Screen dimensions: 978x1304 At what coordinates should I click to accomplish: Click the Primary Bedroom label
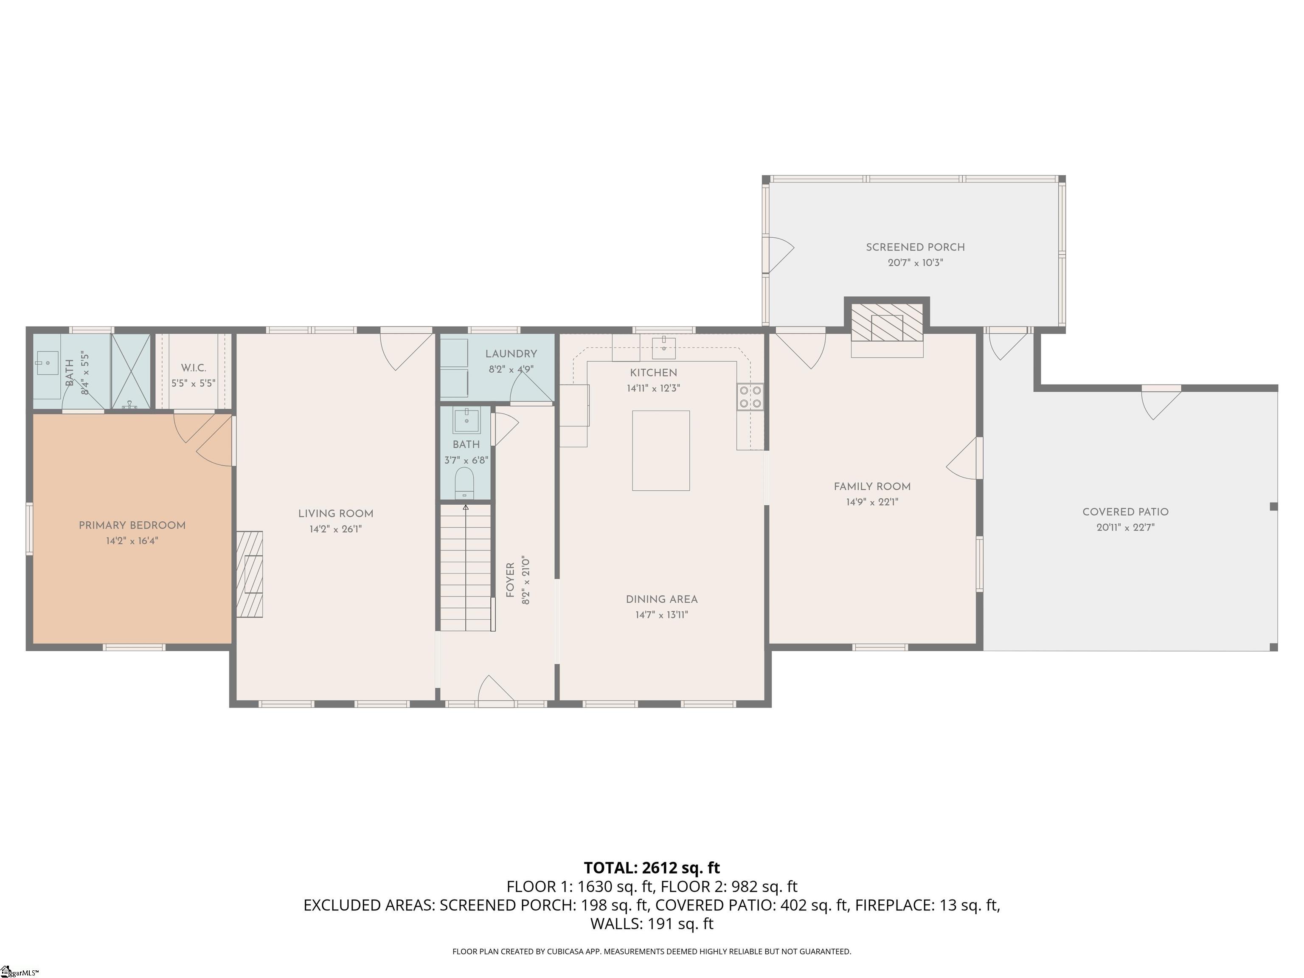[x=132, y=525]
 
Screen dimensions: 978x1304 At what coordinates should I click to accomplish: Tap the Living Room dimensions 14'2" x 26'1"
[x=335, y=529]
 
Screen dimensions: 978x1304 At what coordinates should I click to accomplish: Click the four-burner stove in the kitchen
[x=750, y=397]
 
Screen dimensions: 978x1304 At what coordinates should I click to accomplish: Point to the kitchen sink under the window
[x=664, y=347]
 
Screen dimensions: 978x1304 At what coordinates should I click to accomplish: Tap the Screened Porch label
[x=915, y=247]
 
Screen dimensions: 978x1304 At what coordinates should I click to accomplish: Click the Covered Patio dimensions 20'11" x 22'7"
[x=1125, y=528]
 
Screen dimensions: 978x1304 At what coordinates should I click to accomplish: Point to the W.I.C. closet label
[x=194, y=368]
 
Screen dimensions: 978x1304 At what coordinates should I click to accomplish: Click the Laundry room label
[x=511, y=354]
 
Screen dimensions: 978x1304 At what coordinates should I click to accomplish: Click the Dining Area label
[x=661, y=599]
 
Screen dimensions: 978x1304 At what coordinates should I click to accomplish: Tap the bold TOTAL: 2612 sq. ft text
[x=652, y=868]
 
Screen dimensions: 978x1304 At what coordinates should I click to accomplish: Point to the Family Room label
[x=872, y=486]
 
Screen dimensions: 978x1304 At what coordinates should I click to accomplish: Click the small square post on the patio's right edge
[x=1273, y=506]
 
